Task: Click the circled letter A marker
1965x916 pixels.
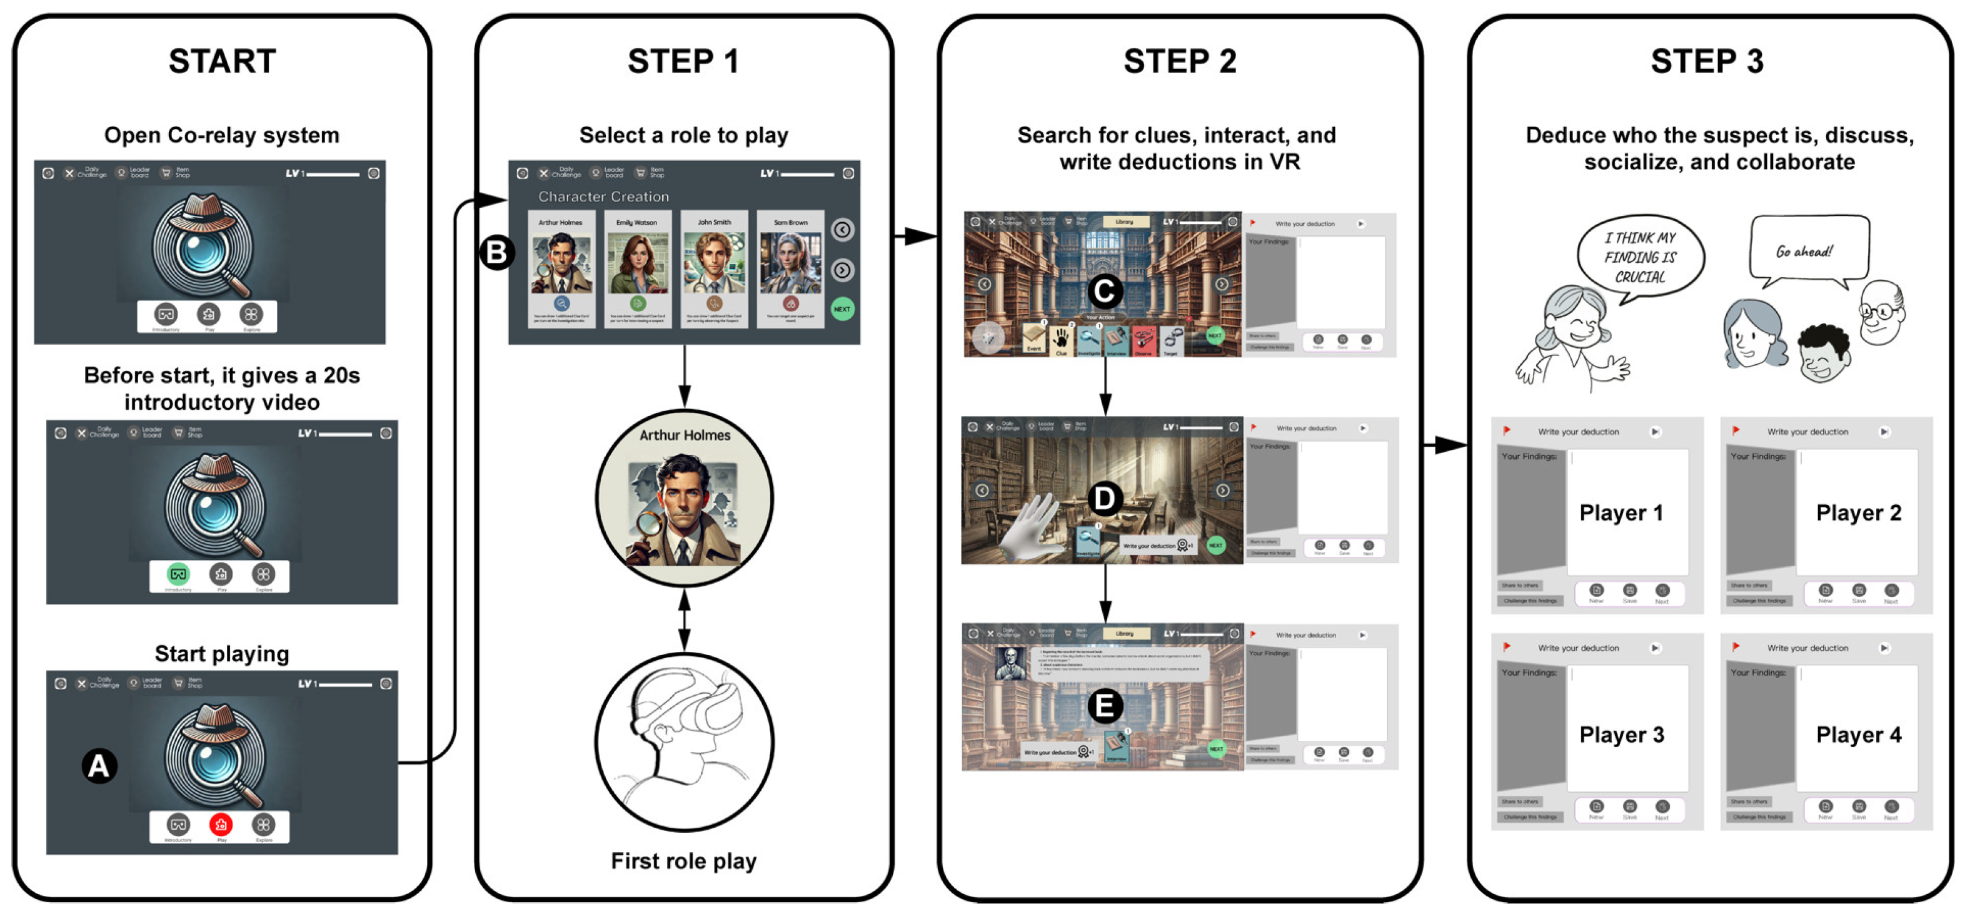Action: click(99, 766)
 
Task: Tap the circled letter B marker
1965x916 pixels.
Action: click(496, 252)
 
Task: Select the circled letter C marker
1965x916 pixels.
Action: click(1103, 290)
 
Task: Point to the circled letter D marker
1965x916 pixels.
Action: click(1103, 499)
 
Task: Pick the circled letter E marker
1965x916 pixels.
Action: click(1103, 706)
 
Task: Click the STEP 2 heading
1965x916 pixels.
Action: click(1179, 61)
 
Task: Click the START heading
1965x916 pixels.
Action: click(222, 61)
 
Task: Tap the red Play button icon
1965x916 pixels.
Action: click(221, 825)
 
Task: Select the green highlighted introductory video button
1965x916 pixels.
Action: click(178, 574)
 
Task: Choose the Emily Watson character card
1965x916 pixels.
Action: click(636, 268)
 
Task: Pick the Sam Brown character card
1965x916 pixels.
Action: click(790, 268)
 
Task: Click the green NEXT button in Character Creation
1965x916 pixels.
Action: click(842, 309)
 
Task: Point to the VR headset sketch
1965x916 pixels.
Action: click(684, 740)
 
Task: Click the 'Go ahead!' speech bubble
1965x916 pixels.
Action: click(1808, 250)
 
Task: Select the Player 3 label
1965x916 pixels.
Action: click(1621, 735)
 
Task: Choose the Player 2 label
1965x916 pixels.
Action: click(1858, 513)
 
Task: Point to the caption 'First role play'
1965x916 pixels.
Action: click(683, 861)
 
